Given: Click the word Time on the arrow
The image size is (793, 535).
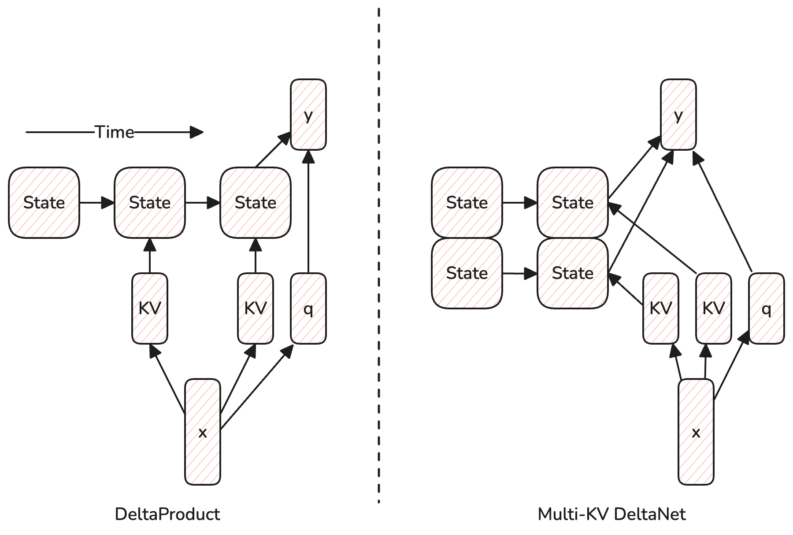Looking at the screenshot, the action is [x=115, y=132].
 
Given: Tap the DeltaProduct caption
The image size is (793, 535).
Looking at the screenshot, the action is [x=167, y=514].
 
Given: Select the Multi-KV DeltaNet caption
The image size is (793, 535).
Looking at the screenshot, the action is [x=612, y=514].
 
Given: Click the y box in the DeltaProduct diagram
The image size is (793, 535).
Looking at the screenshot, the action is [x=308, y=115].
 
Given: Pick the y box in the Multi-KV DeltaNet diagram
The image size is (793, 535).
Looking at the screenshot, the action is [x=678, y=115].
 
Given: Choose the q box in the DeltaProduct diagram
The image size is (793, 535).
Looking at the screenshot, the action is [x=308, y=308].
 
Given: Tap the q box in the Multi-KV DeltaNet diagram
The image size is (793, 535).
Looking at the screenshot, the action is [x=767, y=308].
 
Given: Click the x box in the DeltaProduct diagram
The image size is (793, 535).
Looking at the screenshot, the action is [x=203, y=432].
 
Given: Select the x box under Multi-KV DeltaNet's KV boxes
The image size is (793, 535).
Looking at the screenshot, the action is [x=696, y=432].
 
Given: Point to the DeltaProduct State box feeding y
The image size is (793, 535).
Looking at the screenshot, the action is [x=256, y=203].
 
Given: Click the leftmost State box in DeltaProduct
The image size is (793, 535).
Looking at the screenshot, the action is [x=44, y=203].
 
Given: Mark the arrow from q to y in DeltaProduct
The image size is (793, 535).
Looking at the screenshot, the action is [x=308, y=212].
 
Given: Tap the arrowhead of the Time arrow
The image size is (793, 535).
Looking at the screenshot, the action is [x=196, y=132].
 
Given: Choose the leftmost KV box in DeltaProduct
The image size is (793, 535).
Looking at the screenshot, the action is [x=150, y=308].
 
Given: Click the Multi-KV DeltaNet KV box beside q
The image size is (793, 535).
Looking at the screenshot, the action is [x=714, y=308].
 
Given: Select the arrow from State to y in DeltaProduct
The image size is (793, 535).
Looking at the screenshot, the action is [x=273, y=150].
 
